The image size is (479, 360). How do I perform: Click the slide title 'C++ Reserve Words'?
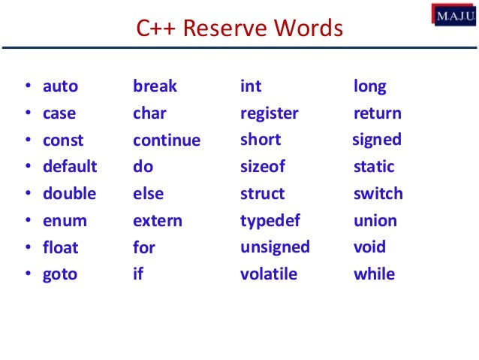tap(239, 29)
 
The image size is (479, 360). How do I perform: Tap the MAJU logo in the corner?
tap(453, 14)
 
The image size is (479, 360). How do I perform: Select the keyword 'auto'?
tap(60, 86)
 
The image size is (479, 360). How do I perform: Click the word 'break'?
tap(155, 86)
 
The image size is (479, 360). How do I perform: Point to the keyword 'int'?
tap(250, 86)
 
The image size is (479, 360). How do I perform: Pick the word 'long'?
tap(369, 87)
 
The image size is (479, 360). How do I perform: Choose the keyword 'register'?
tap(269, 114)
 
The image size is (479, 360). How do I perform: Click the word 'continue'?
tap(167, 141)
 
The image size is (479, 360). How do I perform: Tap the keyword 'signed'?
tap(377, 141)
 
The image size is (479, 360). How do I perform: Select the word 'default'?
tap(70, 167)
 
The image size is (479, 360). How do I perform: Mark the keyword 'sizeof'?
tap(263, 167)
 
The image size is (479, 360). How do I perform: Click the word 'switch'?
tap(378, 194)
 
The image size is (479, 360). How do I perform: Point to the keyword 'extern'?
tap(158, 221)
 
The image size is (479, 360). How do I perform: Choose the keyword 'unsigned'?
tap(275, 247)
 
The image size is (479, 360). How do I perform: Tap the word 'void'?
tap(369, 247)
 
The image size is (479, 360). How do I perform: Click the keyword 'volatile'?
tap(268, 274)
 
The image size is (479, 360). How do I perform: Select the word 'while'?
tap(374, 274)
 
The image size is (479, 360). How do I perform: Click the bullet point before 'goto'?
tap(28, 275)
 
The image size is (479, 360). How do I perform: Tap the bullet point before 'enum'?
tap(28, 222)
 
